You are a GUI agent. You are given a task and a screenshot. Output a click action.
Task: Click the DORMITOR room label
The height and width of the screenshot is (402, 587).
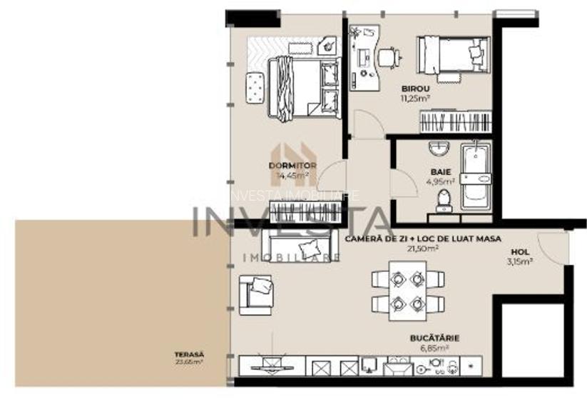(x=287, y=165)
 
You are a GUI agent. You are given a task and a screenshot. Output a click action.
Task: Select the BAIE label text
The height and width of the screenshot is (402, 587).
(x=439, y=172)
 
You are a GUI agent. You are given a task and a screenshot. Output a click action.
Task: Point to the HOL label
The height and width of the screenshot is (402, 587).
(x=519, y=251)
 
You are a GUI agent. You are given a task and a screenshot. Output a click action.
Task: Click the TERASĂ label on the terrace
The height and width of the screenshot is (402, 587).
(x=188, y=353)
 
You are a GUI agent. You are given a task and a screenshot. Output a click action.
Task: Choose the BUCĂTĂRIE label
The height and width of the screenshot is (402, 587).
(x=434, y=338)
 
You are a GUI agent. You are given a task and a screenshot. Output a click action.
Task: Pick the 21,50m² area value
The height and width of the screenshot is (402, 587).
(x=422, y=248)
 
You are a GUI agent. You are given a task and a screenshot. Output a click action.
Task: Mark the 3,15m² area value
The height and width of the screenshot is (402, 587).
(x=519, y=261)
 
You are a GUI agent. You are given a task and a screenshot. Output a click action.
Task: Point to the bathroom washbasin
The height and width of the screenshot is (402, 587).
(x=439, y=149)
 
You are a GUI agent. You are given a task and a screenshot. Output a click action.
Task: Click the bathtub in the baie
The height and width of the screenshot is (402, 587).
(x=475, y=175)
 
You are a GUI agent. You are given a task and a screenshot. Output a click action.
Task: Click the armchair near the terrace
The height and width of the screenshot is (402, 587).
(x=257, y=293)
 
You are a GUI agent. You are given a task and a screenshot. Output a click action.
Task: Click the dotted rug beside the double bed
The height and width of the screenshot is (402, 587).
(x=255, y=88)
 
